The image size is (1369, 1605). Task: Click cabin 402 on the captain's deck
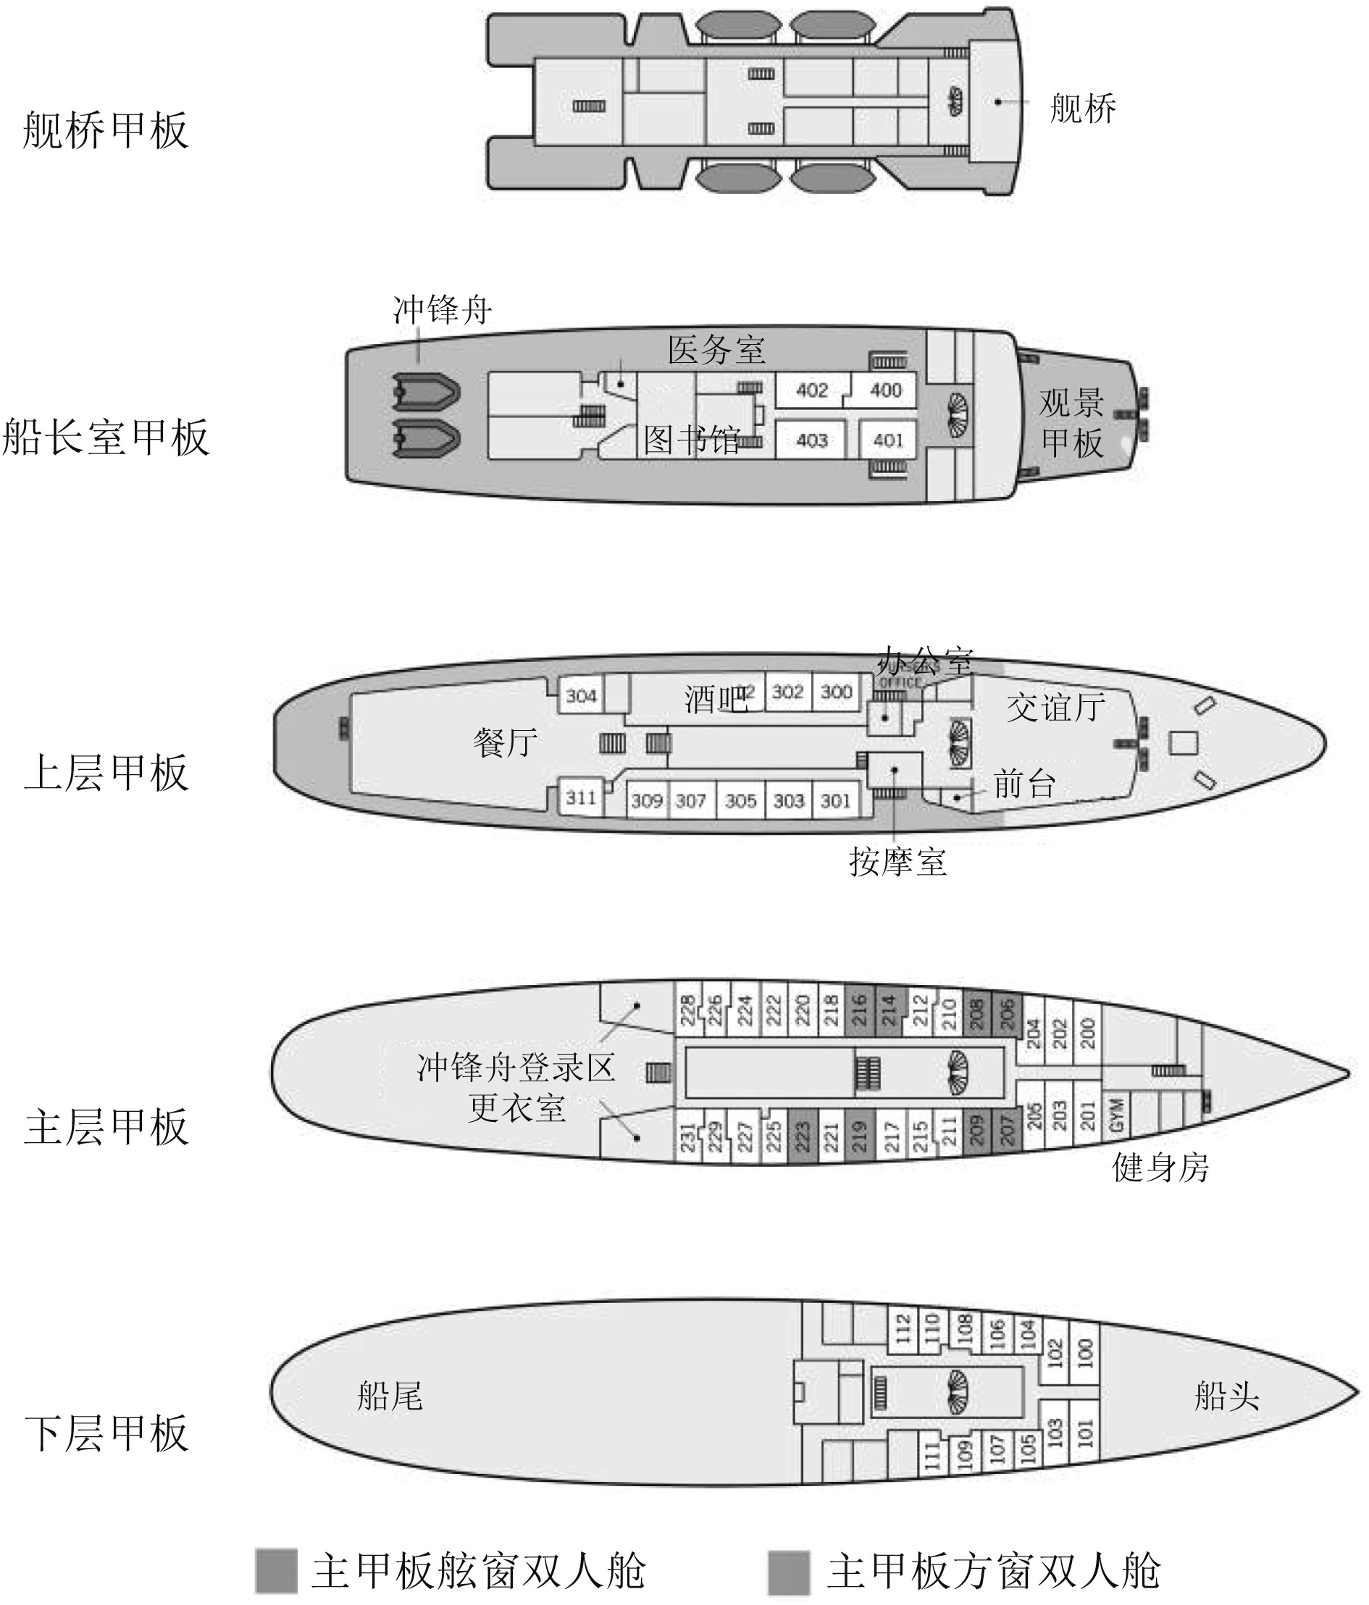811,390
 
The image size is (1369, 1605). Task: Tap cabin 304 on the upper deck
581,695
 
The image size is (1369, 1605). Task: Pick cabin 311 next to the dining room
580,797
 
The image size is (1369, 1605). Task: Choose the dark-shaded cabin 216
859,1010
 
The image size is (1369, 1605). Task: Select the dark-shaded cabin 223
802,1136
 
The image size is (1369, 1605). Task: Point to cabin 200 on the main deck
1087,1034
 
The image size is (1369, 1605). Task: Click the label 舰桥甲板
106,130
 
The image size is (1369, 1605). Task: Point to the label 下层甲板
107,1433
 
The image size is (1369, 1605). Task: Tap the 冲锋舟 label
442,310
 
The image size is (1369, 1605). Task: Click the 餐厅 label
505,743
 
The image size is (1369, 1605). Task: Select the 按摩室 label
897,861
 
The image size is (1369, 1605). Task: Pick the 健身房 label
1160,1168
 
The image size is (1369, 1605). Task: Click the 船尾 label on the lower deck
390,1396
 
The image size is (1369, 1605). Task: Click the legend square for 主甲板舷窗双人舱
276,1572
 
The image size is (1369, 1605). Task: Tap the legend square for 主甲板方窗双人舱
789,1572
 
